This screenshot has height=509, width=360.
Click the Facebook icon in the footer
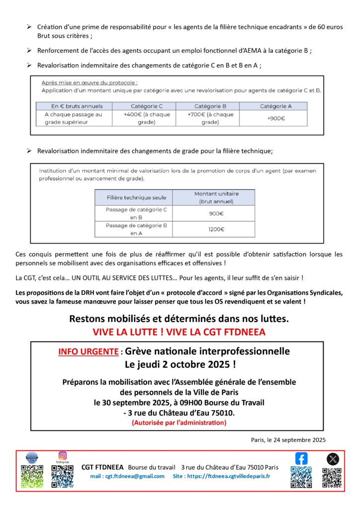[301, 458]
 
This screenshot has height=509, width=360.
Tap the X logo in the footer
[333, 459]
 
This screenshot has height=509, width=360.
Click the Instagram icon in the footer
[63, 455]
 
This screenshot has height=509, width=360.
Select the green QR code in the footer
[32, 476]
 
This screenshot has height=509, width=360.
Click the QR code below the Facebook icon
[301, 477]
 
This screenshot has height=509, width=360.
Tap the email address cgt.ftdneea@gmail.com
[127, 476]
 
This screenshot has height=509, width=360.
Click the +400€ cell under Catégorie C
[144, 118]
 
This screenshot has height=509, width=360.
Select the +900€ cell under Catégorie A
[275, 118]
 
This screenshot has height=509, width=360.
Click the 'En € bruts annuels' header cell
[74, 106]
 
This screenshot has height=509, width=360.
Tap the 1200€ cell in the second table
[216, 229]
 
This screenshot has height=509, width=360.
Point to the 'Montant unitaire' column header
[216, 197]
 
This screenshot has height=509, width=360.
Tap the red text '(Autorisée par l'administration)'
[179, 423]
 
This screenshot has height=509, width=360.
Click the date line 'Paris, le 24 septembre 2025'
[288, 439]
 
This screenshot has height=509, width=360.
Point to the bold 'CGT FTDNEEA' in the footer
[102, 467]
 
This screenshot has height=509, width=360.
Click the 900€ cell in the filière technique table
[216, 213]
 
